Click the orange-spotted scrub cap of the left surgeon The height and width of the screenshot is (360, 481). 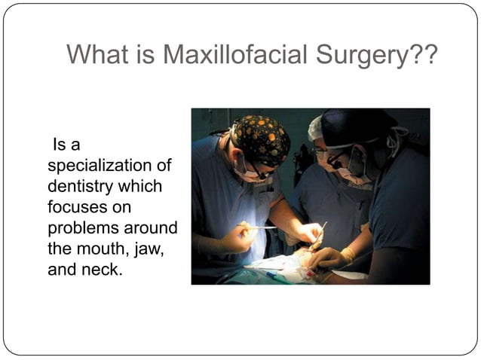pos(260,139)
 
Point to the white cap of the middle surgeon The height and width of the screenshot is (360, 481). pos(315,129)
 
